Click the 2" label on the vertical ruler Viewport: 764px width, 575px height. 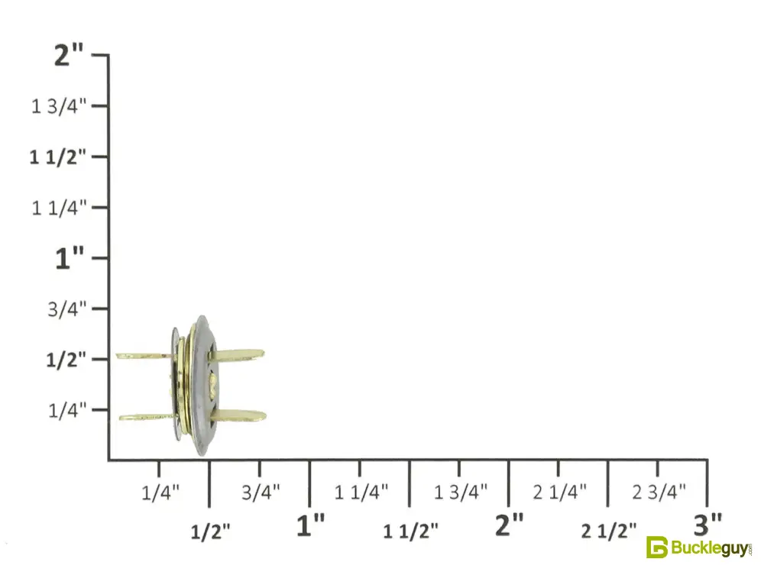(x=69, y=54)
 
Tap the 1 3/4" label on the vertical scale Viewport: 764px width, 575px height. (x=59, y=106)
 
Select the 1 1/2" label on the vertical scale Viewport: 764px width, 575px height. (x=57, y=157)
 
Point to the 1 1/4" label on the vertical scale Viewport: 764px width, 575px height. (x=59, y=208)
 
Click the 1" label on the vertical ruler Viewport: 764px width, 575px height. (x=70, y=258)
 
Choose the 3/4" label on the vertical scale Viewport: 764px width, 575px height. (x=66, y=309)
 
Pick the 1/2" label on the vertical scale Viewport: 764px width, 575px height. (x=66, y=360)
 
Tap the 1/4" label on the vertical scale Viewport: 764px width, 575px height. (x=67, y=410)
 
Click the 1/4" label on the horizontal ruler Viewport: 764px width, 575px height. (x=160, y=493)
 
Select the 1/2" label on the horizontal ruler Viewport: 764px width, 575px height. (x=210, y=532)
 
